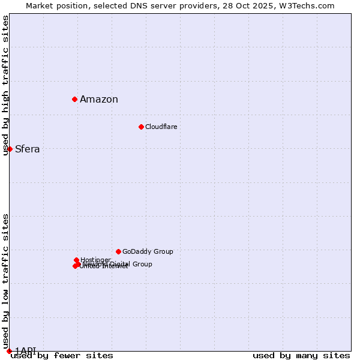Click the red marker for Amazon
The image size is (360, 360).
pos(74,99)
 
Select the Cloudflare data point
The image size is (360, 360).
pos(141,127)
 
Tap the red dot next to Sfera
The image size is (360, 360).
pos(10,149)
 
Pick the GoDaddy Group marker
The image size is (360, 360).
pos(118,251)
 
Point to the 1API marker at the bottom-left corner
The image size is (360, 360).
pos(9,351)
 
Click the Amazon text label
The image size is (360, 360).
pos(99,100)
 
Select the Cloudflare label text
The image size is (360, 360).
pos(161,127)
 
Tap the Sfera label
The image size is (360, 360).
pos(27,149)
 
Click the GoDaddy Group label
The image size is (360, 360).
pos(148,251)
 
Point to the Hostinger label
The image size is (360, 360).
pos(95,260)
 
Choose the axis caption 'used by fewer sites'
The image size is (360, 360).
pos(62,356)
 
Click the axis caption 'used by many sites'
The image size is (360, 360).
pos(301,356)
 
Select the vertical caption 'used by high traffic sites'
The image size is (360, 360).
pos(6,85)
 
